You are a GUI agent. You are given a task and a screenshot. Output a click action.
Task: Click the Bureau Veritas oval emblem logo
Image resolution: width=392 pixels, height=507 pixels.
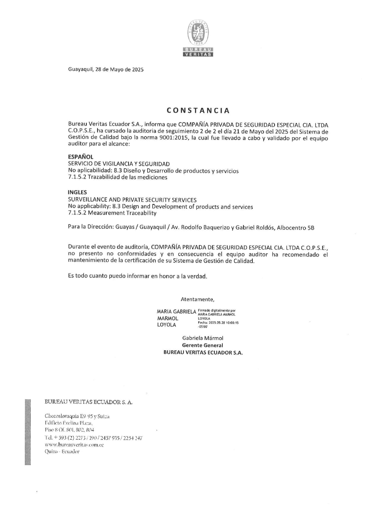[198, 33]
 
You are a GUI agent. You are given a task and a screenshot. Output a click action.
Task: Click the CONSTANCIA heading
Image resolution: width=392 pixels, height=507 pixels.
[198, 111]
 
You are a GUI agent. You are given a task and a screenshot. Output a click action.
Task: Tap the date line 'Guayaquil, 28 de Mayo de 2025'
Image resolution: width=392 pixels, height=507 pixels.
[106, 69]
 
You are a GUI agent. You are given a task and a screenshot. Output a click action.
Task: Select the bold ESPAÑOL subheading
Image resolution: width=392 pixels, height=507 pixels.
[81, 157]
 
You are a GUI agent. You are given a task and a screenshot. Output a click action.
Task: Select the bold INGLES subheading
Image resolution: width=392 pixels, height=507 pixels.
[77, 192]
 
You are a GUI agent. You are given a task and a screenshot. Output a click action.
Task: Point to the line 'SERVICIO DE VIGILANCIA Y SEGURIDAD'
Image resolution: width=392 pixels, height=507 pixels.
[119, 164]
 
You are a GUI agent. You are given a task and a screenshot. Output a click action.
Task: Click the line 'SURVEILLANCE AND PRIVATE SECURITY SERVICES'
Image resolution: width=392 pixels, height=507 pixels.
[132, 200]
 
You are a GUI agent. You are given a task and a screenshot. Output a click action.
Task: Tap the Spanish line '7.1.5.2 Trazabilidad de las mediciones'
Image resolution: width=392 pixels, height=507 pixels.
[117, 177]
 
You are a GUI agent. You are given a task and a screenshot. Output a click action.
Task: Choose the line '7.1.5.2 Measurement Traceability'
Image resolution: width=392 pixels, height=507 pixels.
[112, 213]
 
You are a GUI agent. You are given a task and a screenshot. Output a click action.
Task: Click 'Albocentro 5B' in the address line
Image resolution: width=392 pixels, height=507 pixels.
[295, 228]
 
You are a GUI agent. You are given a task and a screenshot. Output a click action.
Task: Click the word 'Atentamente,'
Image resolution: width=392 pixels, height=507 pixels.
[197, 299]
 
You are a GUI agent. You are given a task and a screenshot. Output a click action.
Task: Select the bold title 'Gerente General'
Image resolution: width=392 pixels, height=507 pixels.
[203, 345]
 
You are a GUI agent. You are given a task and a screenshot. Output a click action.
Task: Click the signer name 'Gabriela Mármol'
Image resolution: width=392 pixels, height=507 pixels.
[203, 338]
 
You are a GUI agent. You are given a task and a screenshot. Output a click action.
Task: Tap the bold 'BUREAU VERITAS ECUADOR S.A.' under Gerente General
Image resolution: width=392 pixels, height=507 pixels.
[203, 353]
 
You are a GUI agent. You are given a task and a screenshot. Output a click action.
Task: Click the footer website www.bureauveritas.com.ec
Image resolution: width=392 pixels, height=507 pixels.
[74, 445]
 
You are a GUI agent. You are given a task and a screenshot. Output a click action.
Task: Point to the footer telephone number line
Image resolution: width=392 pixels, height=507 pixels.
[93, 438]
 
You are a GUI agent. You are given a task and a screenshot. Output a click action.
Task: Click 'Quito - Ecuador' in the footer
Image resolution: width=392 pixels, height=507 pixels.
[62, 452]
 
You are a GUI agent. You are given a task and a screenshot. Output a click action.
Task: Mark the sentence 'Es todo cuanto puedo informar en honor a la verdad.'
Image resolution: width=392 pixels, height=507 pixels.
[137, 276]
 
